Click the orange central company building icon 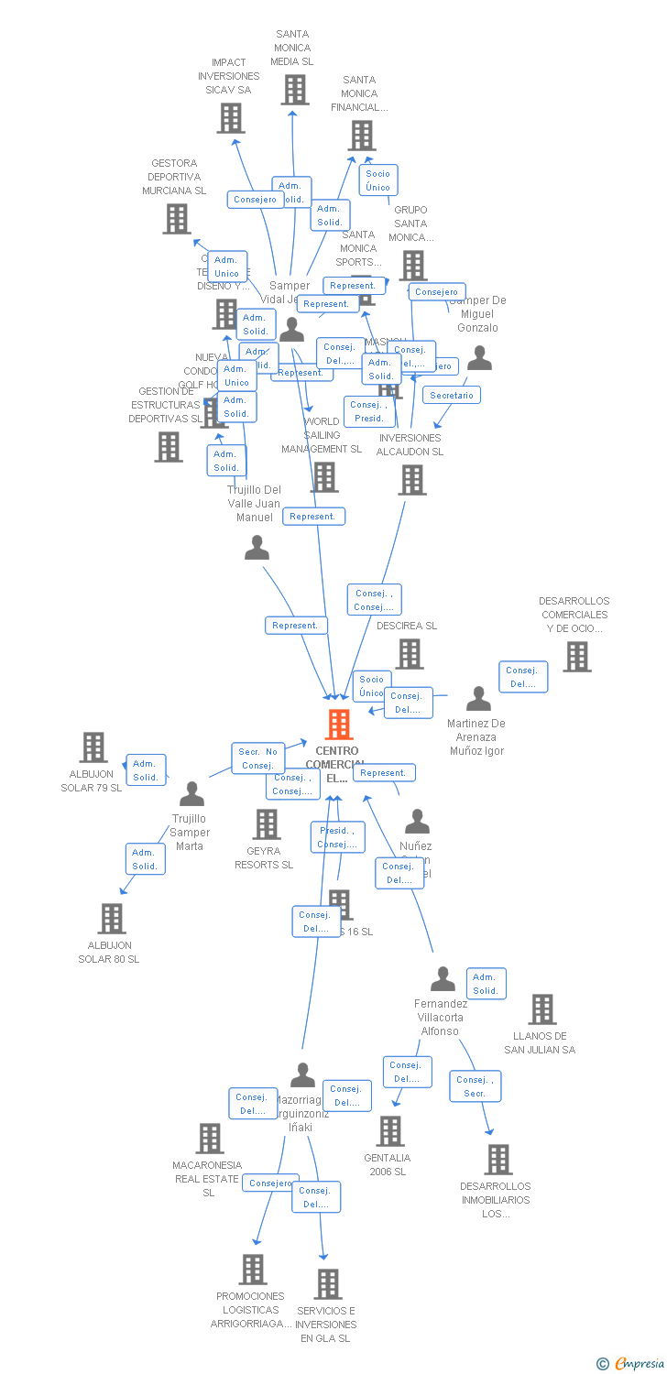(339, 725)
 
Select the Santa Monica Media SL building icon (294, 90)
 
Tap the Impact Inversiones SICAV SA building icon (231, 118)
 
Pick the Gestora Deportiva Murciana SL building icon (177, 219)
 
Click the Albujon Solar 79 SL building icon (93, 747)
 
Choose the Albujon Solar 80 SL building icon (111, 918)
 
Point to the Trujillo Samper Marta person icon (191, 794)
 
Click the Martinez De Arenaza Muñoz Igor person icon (478, 699)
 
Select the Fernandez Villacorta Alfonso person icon (443, 979)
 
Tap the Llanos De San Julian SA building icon (541, 1009)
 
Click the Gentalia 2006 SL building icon (390, 1131)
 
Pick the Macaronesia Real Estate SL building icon (210, 1139)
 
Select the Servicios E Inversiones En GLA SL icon (328, 1284)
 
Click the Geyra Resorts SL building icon (266, 823)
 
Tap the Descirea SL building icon (409, 654)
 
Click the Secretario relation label (452, 395)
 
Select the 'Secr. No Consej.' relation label (258, 758)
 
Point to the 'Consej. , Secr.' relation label (475, 1086)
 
